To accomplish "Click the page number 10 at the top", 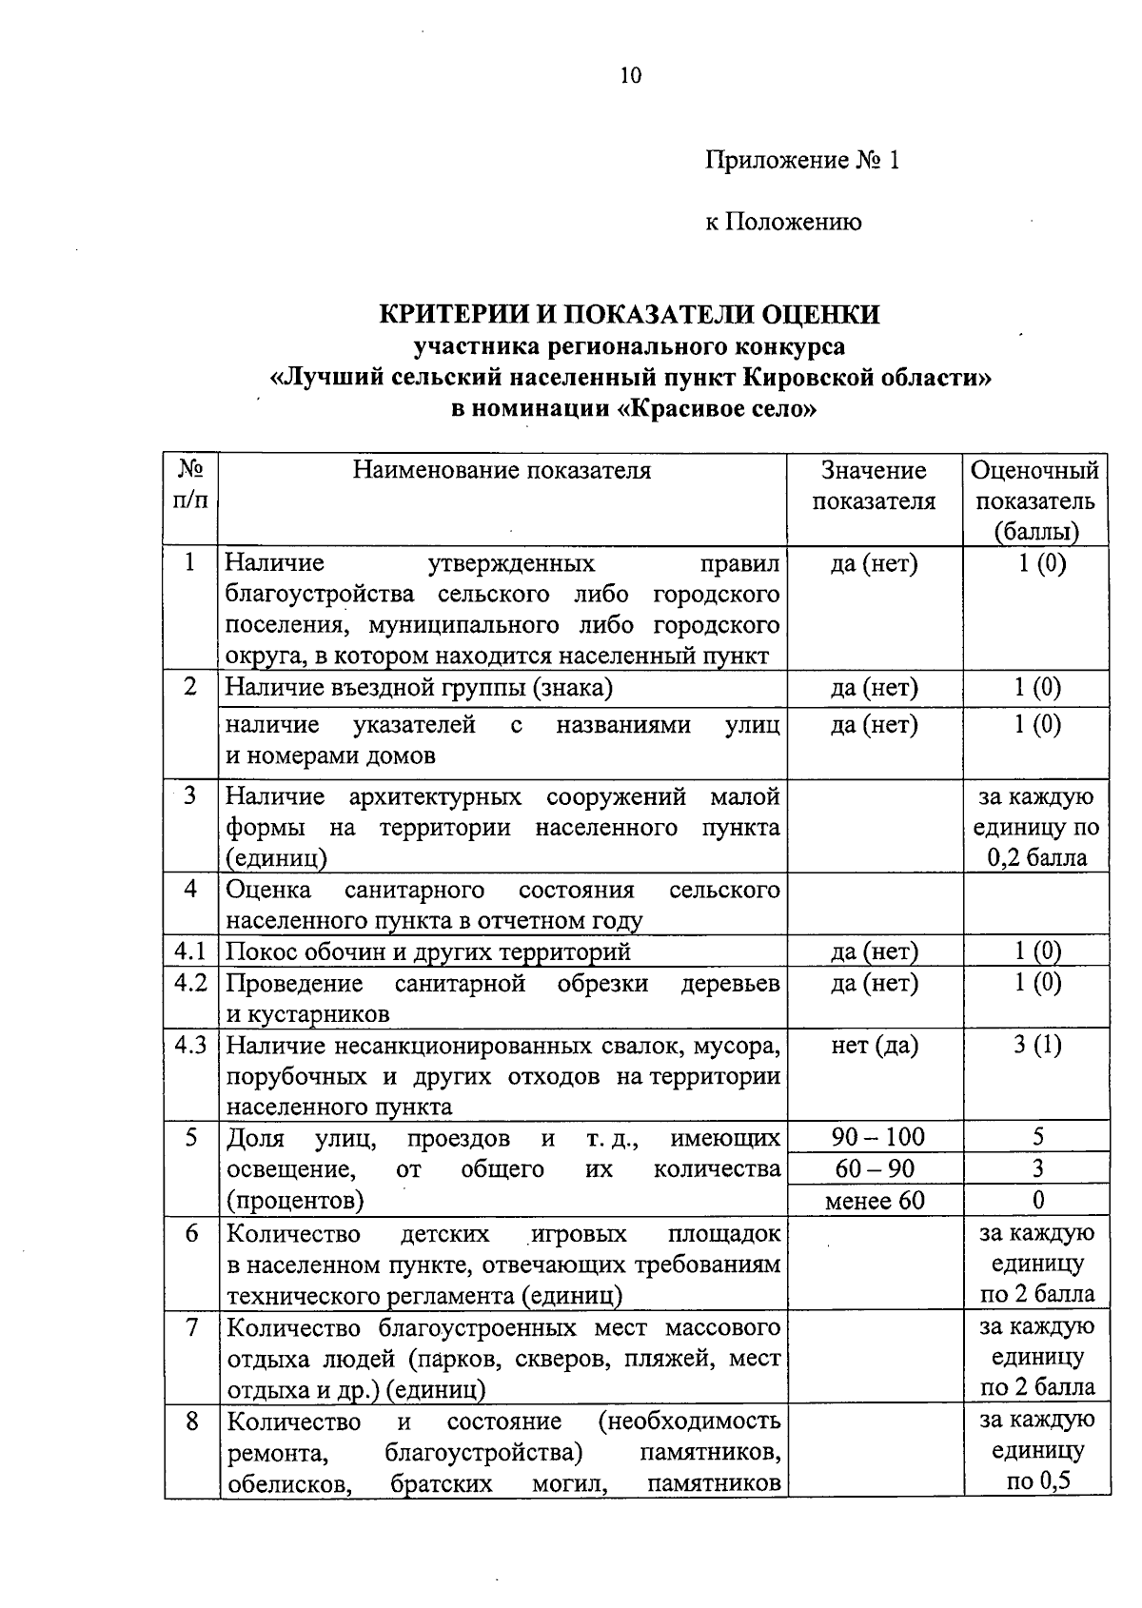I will click(630, 76).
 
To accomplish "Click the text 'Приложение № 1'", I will click(801, 160).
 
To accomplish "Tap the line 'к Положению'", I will click(783, 223).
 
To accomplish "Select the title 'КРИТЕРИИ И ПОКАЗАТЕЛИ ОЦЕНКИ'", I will click(630, 314).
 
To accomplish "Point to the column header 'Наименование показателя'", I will click(502, 470).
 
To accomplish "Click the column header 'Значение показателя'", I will click(874, 485).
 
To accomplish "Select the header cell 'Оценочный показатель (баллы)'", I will click(1035, 500).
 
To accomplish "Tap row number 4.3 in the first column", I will click(191, 1045).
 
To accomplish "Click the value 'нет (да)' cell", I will click(874, 1046).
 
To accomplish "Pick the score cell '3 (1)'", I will click(1037, 1046).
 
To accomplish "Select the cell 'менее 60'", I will click(875, 1201).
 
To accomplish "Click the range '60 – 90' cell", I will click(875, 1168).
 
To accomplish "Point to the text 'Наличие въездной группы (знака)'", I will click(419, 687).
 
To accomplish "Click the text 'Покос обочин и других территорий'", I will click(428, 951).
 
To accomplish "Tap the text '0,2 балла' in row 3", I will click(1036, 858).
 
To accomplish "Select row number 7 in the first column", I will click(191, 1326).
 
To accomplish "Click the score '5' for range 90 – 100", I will click(1037, 1137).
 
